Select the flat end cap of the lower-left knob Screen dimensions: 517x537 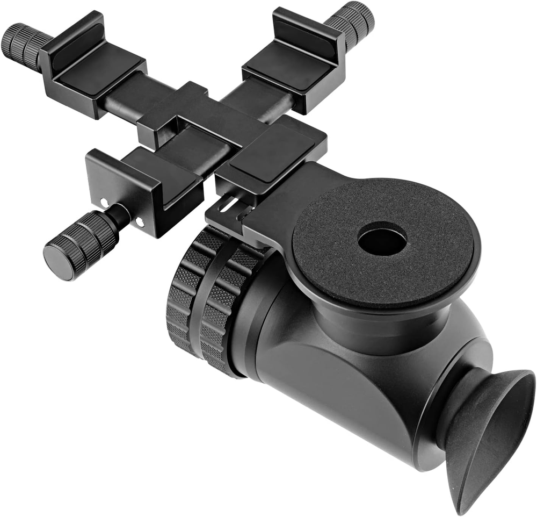pos(58,262)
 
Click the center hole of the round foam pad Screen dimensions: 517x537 pos(382,239)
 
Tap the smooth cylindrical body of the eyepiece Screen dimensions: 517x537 pos(333,387)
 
